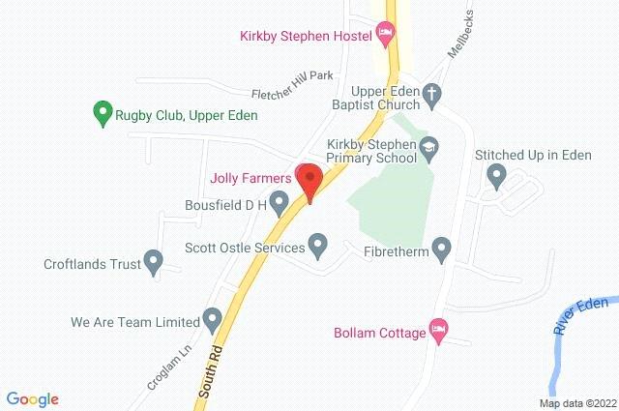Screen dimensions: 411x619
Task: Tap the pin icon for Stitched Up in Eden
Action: click(497, 176)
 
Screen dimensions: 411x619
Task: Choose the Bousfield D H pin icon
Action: click(280, 204)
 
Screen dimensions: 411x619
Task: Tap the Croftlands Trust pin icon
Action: click(152, 261)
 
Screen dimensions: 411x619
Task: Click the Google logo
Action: click(32, 399)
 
